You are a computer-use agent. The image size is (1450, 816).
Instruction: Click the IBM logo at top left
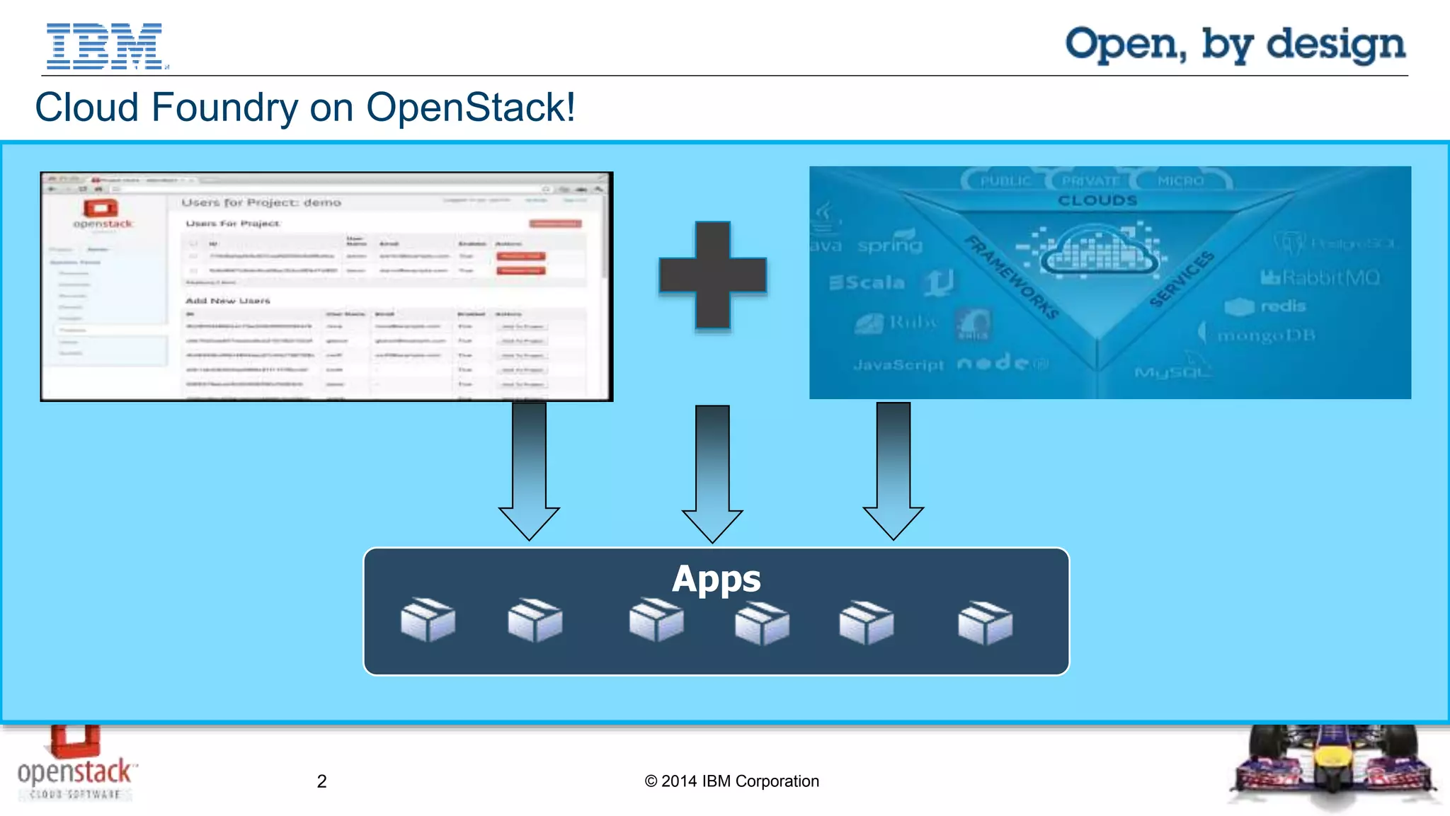click(x=105, y=46)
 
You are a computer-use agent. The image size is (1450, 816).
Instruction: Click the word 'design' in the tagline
click(x=1335, y=45)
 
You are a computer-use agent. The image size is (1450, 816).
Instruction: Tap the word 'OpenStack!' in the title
click(x=470, y=108)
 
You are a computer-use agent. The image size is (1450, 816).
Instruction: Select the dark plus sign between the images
click(x=712, y=275)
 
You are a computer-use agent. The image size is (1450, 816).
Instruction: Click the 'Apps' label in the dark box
click(x=716, y=579)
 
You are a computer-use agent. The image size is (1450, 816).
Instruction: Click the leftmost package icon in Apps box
click(x=428, y=620)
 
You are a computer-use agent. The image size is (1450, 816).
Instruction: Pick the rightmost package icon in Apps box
click(x=985, y=623)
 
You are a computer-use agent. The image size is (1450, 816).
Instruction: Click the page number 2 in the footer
click(x=321, y=781)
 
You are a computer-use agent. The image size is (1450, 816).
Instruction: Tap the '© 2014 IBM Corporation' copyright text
click(x=731, y=781)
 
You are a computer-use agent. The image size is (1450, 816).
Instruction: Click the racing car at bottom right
click(x=1333, y=768)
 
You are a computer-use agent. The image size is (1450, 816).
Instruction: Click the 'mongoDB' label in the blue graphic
click(x=1265, y=335)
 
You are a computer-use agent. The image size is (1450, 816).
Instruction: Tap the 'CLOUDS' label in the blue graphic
click(x=1097, y=200)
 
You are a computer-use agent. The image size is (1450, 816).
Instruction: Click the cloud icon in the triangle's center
click(x=1097, y=251)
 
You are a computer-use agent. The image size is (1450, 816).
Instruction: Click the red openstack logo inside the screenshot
click(x=101, y=208)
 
